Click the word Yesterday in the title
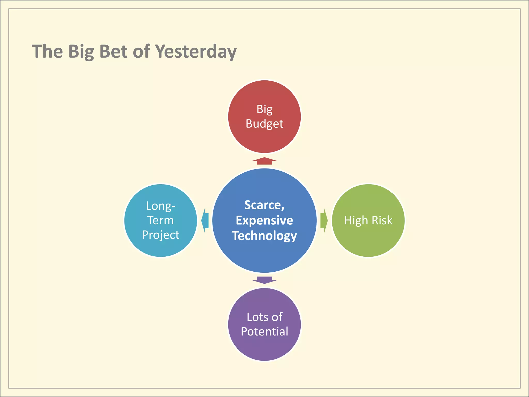coord(196,51)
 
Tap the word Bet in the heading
coord(113,51)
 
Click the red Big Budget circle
coord(264,140)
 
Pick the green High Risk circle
coord(368,240)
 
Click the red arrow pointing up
coord(264,161)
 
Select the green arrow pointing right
coord(324,220)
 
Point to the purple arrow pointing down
coord(264,280)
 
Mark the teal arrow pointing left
coord(205,220)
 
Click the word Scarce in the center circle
coord(263,205)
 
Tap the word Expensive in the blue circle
coord(264,220)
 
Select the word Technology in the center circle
coord(264,236)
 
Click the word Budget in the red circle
coord(264,124)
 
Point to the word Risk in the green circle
coord(382,220)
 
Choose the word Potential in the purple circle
coord(264,332)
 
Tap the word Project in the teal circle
coord(160,235)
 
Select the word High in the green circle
coord(356,220)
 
